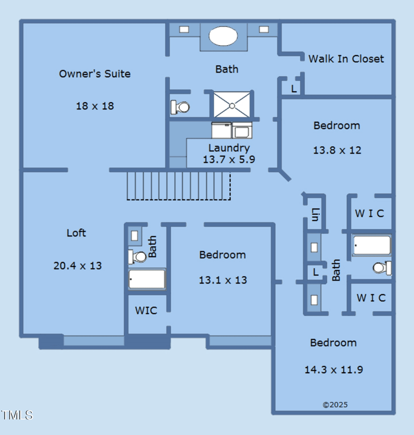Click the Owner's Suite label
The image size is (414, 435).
(95, 74)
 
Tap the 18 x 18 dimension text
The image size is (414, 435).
(95, 106)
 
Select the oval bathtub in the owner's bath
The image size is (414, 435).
(223, 36)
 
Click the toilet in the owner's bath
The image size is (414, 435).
(180, 107)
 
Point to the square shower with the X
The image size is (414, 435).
(232, 105)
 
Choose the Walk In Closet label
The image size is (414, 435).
(346, 59)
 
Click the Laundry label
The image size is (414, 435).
(229, 148)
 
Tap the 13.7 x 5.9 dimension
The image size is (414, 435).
(229, 160)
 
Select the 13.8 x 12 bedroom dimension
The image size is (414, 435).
(337, 150)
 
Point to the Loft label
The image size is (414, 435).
(76, 233)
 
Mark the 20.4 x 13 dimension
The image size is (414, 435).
(78, 266)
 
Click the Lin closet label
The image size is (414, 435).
(315, 215)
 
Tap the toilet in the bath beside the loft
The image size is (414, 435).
(137, 257)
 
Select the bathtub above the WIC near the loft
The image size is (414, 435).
(147, 279)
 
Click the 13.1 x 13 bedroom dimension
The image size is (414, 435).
(223, 280)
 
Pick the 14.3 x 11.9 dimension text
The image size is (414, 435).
(334, 370)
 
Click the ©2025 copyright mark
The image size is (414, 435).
(335, 405)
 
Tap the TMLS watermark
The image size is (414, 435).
(17, 415)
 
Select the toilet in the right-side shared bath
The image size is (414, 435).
(382, 268)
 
